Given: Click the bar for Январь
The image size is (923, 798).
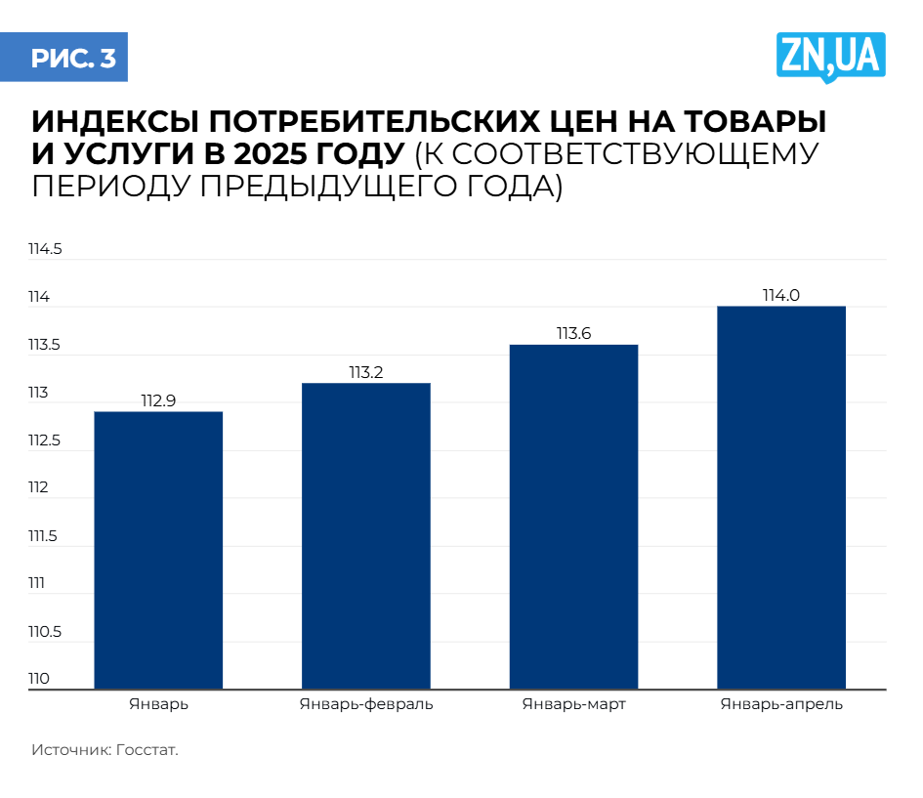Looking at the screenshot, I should (x=158, y=550).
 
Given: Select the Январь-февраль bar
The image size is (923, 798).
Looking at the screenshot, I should (x=366, y=535).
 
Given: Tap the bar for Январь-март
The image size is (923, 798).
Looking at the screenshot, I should (x=574, y=517).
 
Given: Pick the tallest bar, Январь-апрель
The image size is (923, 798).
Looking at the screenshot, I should (x=781, y=497).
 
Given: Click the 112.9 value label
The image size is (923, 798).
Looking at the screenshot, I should (x=158, y=400).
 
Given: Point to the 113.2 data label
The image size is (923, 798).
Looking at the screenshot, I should (x=366, y=372).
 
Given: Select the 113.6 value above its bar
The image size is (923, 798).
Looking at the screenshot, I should (x=574, y=334).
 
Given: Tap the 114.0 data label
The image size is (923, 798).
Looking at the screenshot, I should (x=781, y=296).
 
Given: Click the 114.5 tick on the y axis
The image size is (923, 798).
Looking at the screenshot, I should (x=45, y=250).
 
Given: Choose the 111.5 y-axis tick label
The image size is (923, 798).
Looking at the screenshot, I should (x=44, y=536).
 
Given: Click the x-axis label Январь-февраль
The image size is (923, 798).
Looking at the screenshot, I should (x=366, y=704).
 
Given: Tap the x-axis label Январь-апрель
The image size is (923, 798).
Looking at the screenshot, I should (x=781, y=704).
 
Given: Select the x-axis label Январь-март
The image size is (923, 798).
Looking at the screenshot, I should (x=574, y=704).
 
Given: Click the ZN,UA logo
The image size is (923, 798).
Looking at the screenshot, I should (x=831, y=56).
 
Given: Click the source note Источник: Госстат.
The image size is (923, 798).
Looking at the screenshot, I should (x=105, y=751).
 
